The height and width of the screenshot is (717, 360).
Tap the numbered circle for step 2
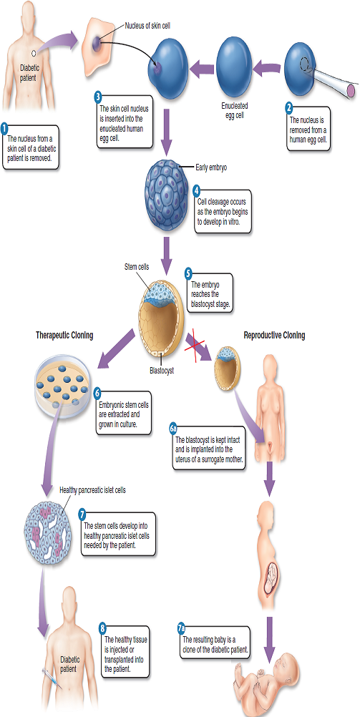289,108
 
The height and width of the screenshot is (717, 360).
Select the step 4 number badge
196,190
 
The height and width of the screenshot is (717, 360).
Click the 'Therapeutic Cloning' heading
65,335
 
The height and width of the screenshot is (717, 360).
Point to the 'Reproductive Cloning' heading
274,335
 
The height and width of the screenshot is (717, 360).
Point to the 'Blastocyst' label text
162,371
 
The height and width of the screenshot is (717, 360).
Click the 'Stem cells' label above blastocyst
137,267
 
